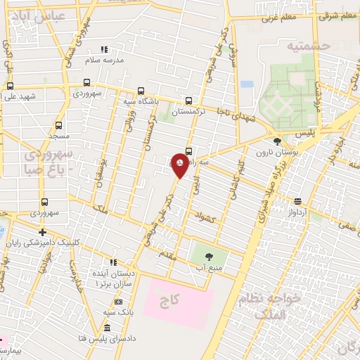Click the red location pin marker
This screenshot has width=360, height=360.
(x=180, y=165)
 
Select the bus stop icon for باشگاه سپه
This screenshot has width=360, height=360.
(x=141, y=91)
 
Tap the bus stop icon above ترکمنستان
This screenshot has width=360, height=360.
(x=188, y=101)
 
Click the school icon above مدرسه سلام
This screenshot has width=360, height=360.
(x=105, y=49)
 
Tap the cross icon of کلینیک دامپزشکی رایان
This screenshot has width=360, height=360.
(x=43, y=232)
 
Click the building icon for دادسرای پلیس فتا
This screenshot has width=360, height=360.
(x=106, y=328)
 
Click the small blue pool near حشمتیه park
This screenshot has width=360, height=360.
(x=246, y=84)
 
